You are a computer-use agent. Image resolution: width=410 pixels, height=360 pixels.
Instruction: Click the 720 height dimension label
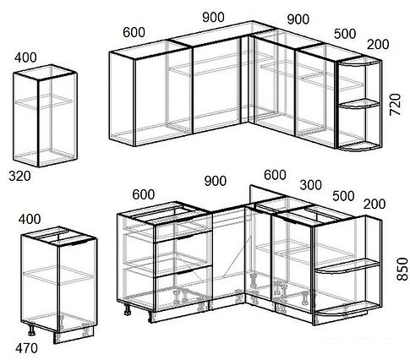(395, 104)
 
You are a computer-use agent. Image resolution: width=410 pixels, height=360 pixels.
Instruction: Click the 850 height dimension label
(402, 269)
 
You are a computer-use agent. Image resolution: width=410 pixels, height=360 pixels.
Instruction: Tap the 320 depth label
(19, 177)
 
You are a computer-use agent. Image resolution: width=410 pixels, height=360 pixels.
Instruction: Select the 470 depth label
(26, 348)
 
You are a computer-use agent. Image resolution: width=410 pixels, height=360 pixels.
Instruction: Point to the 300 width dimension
(311, 185)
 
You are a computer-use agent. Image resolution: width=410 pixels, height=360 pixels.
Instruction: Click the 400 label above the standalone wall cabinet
(25, 57)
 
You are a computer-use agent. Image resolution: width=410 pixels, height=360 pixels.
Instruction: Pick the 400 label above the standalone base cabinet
(30, 219)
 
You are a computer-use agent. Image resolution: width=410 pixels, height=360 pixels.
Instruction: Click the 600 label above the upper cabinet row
(134, 32)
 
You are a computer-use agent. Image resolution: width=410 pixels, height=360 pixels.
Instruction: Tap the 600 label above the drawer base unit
(144, 194)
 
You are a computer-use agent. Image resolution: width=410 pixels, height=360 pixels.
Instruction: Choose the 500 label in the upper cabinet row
(345, 34)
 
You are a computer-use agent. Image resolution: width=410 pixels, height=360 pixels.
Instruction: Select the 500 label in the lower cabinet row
(343, 196)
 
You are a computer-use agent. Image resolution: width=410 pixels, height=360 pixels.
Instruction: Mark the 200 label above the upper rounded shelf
(378, 44)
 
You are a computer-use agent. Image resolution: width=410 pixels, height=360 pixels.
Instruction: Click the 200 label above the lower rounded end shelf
(374, 204)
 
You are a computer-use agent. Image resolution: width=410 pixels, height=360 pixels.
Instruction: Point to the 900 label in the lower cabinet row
(216, 181)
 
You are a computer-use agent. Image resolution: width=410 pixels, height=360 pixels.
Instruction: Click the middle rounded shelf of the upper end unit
(358, 104)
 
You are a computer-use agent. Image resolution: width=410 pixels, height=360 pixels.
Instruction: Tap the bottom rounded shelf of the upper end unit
(358, 147)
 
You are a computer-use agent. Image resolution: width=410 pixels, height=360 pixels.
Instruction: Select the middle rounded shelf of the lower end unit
(347, 267)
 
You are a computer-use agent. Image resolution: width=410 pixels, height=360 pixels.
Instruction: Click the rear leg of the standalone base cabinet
(31, 330)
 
